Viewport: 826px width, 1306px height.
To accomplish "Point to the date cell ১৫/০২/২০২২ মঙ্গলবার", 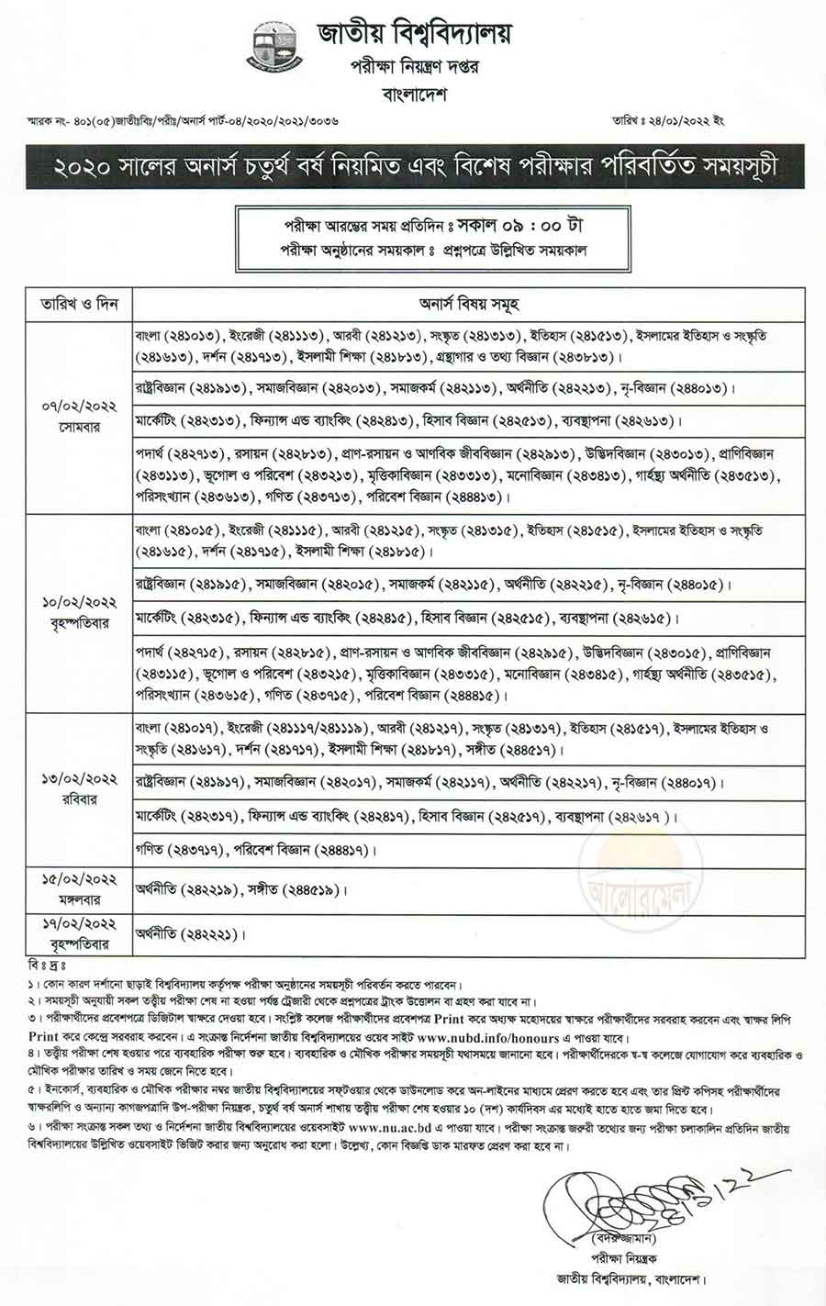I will [78, 887].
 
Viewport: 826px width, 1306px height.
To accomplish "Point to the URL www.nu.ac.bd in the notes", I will [391, 1129].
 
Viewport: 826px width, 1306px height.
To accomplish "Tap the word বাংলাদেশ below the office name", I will [415, 94].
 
